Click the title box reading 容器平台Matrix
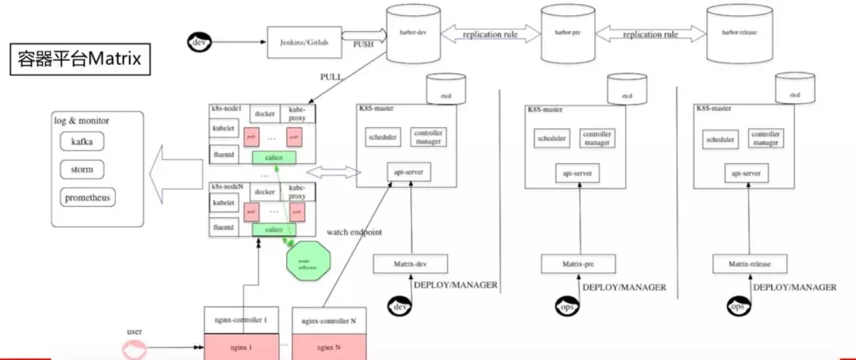(78, 60)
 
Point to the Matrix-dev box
(410, 263)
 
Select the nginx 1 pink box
(242, 347)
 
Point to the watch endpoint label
(354, 232)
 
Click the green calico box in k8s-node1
(274, 158)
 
